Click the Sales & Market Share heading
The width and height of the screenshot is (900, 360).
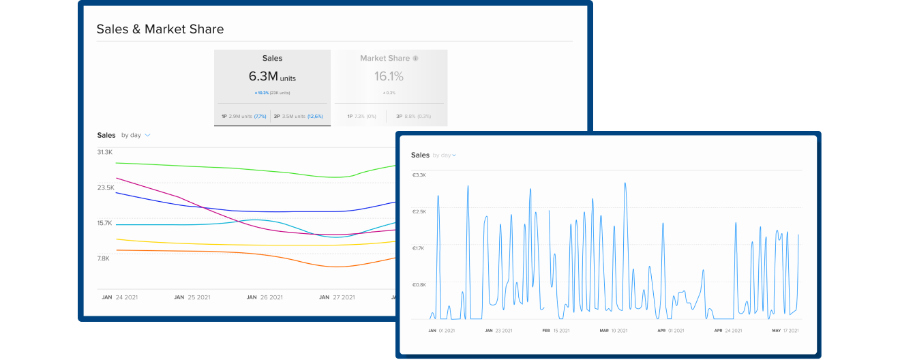[x=160, y=29]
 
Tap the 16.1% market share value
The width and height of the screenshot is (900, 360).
[x=389, y=76]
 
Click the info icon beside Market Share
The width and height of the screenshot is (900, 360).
[x=416, y=59]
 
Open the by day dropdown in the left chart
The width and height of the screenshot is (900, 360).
[x=136, y=135]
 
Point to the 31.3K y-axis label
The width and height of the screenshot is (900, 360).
[x=105, y=152]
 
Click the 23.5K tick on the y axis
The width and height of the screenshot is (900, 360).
[x=105, y=187]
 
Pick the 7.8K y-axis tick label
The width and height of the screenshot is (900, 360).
[x=104, y=258]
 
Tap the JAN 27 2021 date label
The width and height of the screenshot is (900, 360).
[x=337, y=297]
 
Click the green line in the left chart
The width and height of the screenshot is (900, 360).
[x=239, y=169]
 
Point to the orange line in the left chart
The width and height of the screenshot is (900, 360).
[x=239, y=254]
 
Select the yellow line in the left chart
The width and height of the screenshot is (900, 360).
[x=239, y=245]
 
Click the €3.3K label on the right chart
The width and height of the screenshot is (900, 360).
[x=419, y=175]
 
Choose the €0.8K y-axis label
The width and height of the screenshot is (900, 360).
[x=419, y=285]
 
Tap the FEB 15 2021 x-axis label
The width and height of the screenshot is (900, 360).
[x=556, y=331]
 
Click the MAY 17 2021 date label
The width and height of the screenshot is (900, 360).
[x=785, y=331]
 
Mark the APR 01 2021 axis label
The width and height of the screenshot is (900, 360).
[x=670, y=331]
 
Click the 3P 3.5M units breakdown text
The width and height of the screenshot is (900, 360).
[x=297, y=117]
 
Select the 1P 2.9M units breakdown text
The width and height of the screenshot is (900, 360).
[x=243, y=117]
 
